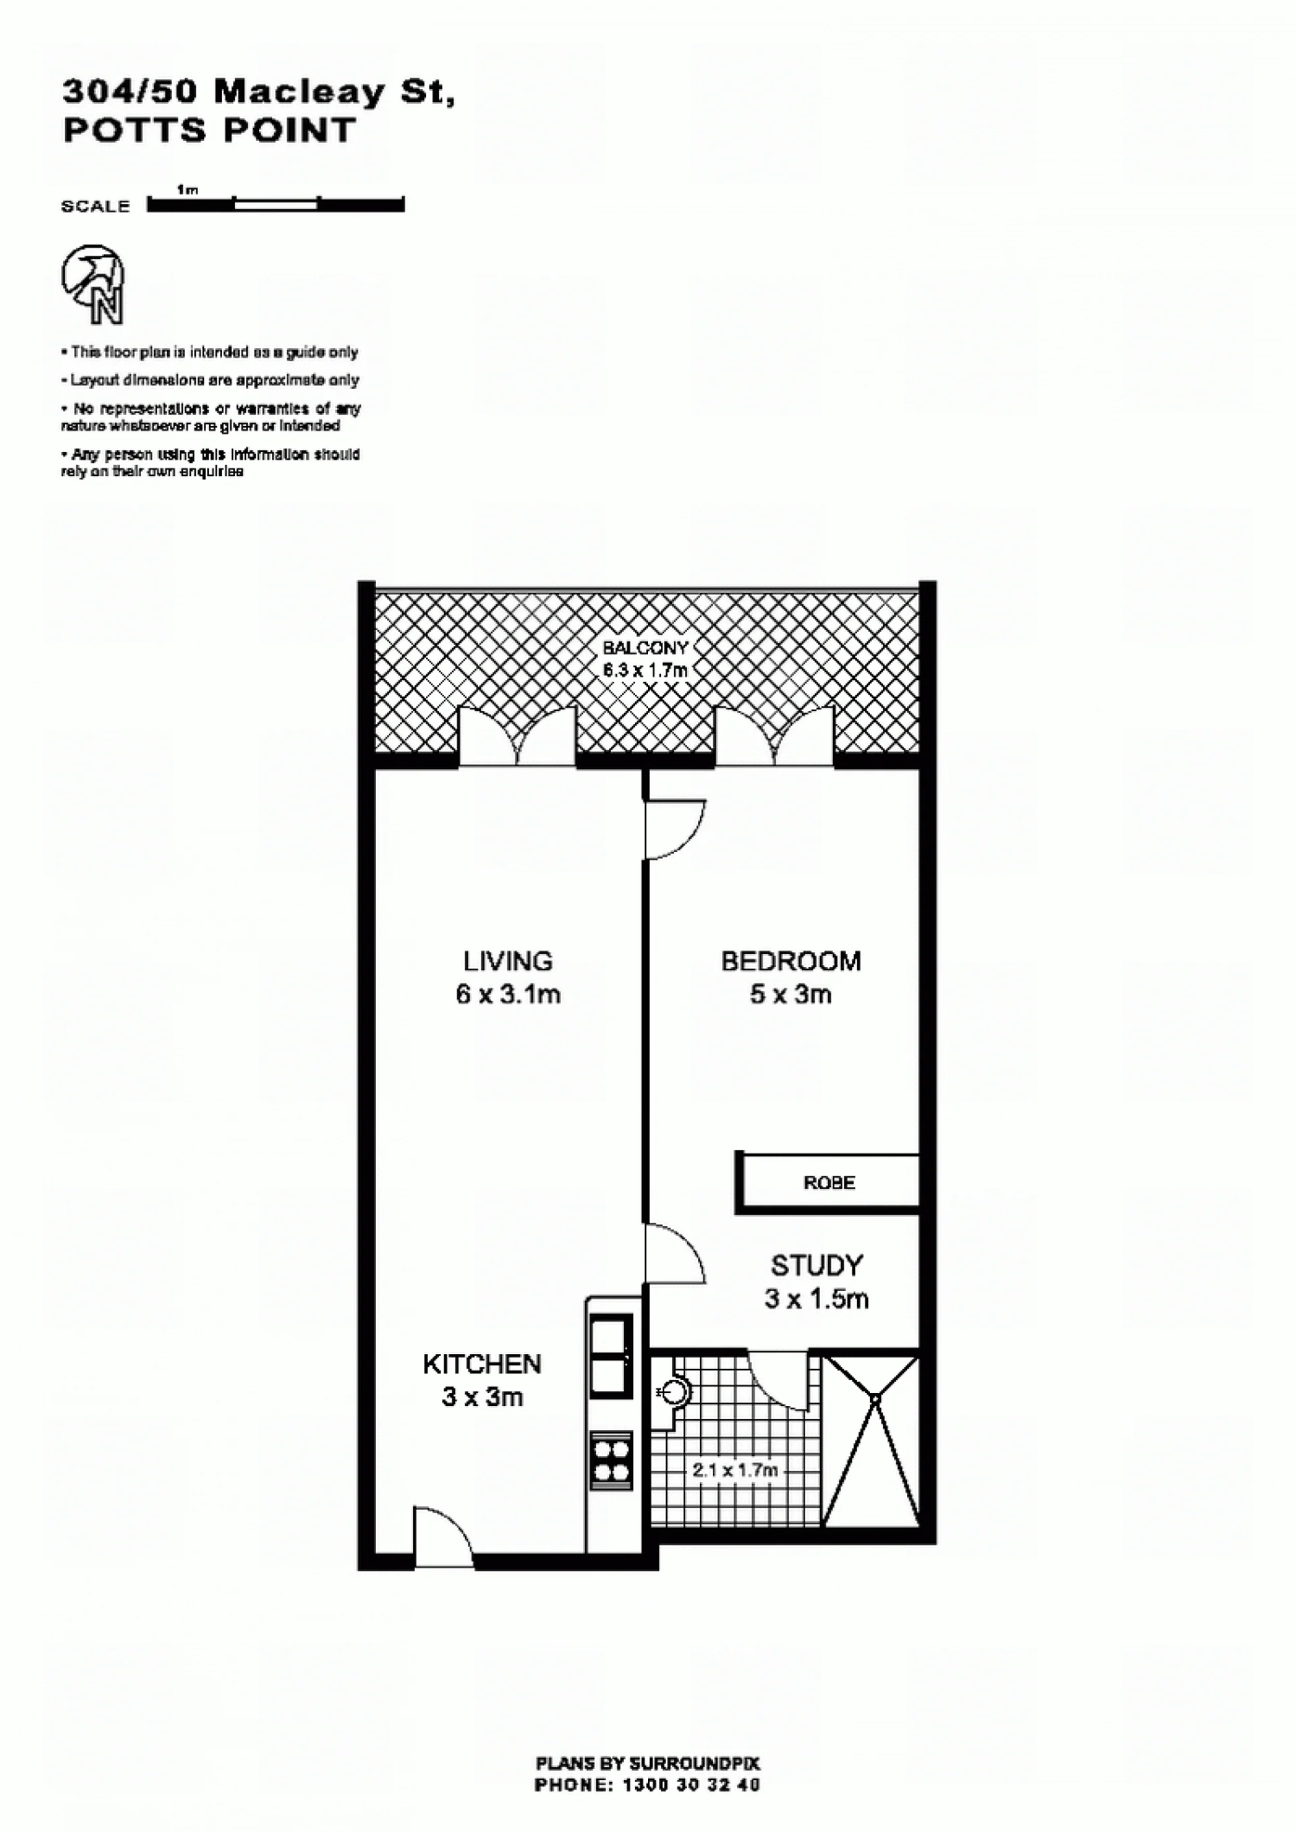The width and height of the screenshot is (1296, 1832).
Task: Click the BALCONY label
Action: click(645, 648)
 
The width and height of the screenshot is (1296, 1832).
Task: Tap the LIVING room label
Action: click(508, 960)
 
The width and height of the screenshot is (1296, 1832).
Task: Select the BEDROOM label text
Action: click(791, 960)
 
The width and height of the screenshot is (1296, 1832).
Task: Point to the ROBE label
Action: click(829, 1182)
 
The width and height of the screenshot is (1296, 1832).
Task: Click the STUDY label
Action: click(816, 1265)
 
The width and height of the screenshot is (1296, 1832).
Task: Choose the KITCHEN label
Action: click(482, 1363)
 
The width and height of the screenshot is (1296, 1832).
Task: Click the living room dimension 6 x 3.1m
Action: click(508, 995)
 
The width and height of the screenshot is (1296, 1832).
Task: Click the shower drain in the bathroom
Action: click(875, 1399)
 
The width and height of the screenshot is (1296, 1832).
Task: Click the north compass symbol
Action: click(93, 284)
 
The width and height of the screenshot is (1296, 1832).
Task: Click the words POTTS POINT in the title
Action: click(209, 130)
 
